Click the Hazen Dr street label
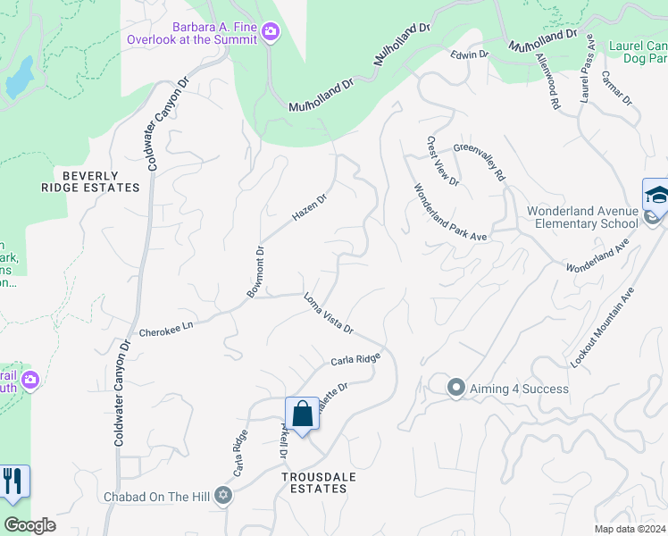[310, 209]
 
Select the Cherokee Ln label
[166, 330]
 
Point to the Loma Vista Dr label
[329, 314]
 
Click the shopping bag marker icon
[302, 414]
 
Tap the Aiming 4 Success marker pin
[456, 388]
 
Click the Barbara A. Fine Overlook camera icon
[271, 33]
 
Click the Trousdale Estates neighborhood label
[319, 482]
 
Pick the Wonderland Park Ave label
[449, 212]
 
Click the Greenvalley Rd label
[479, 163]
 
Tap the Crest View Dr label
[441, 162]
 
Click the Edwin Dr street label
[470, 54]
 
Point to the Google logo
[30, 525]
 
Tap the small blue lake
[20, 80]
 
